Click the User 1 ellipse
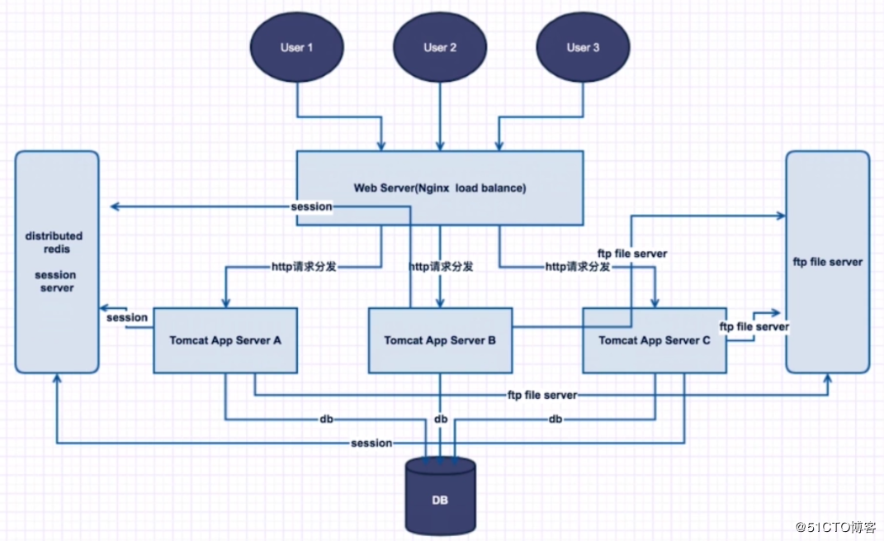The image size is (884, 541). [296, 47]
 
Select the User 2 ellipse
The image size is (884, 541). [440, 47]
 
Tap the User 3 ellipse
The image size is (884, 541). [583, 47]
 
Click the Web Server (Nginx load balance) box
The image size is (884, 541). [440, 187]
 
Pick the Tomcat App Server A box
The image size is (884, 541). [225, 340]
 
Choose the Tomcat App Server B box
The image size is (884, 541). [440, 340]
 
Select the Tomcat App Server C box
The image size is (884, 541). [655, 340]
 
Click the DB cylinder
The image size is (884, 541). [440, 496]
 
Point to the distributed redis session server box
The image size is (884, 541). [57, 262]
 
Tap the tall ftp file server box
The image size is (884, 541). [828, 262]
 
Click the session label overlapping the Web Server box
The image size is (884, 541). [311, 207]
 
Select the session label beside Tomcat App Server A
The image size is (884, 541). [127, 318]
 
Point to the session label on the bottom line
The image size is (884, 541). [371, 444]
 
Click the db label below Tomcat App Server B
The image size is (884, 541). [441, 419]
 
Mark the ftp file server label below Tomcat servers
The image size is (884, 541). [542, 395]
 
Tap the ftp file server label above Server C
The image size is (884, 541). [632, 254]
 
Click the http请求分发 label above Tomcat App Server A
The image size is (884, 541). [304, 266]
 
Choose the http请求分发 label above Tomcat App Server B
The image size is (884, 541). [441, 266]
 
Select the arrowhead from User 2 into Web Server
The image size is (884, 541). [440, 146]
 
